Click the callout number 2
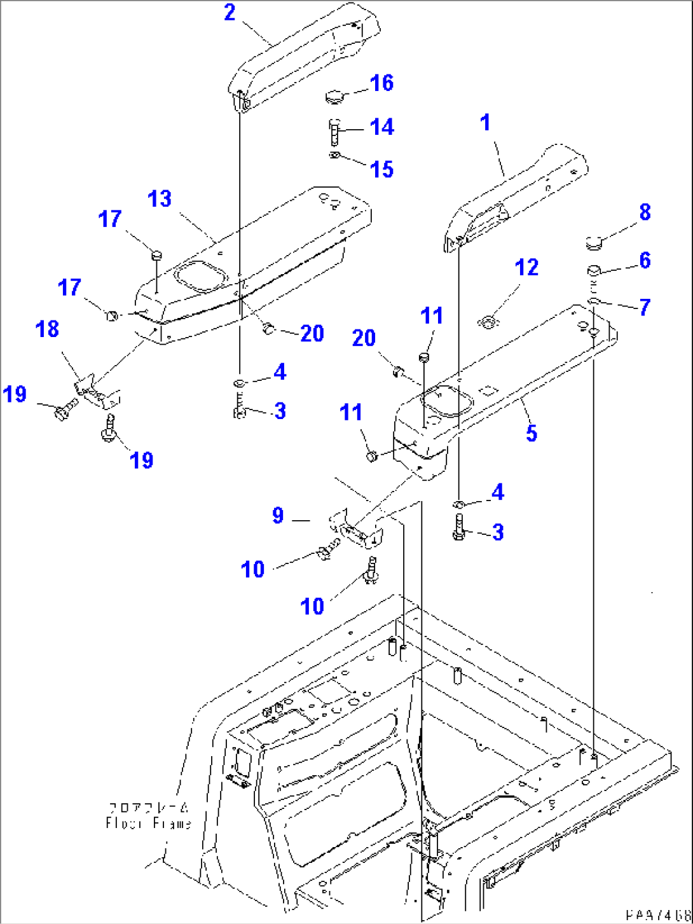coord(230,13)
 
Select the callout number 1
coord(486,122)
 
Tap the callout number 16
coord(382,83)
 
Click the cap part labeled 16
coord(334,97)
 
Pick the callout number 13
coord(160,199)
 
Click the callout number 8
coord(645,212)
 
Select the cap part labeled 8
coord(594,242)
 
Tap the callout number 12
coord(526,268)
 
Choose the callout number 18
coord(48,329)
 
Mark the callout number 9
coord(278,515)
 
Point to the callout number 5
coord(532,433)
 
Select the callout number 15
coord(382,169)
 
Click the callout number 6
coord(645,260)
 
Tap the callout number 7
coord(645,307)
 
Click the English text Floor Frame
coord(149,824)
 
